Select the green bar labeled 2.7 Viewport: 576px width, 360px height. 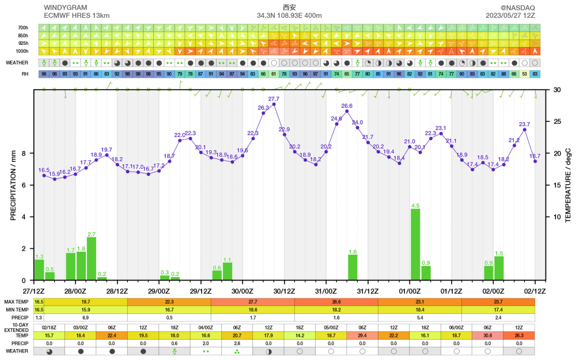pyautogui.click(x=92, y=258)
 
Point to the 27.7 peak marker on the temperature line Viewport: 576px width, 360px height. pyautogui.click(x=274, y=104)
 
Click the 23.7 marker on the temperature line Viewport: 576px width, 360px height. pyautogui.click(x=525, y=130)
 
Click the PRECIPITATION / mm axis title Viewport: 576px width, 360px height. pyautogui.click(x=13, y=184)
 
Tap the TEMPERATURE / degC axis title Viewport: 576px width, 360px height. pyautogui.click(x=567, y=184)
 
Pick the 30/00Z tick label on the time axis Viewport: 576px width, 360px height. pyautogui.click(x=242, y=290)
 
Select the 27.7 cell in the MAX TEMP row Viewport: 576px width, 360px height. pyautogui.click(x=253, y=302)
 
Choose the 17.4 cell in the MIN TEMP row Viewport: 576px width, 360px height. pyautogui.click(x=498, y=309)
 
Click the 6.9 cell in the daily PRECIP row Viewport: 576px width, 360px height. pyautogui.click(x=85, y=317)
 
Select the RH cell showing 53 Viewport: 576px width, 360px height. pyautogui.click(x=524, y=74)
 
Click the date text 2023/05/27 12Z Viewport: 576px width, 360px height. pyautogui.click(x=510, y=16)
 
